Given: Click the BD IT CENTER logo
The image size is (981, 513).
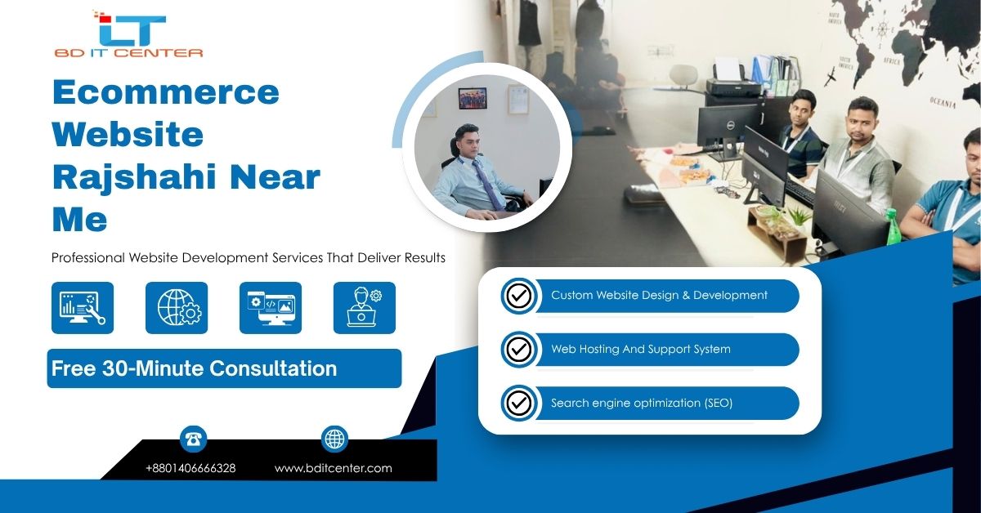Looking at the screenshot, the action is [x=129, y=34].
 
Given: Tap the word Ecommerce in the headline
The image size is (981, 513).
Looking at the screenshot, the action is [x=165, y=92].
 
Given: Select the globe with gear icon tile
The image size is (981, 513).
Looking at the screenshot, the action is [x=177, y=308].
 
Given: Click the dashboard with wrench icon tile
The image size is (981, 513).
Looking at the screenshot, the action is [x=83, y=308].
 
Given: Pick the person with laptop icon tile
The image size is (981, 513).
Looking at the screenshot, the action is [x=365, y=308].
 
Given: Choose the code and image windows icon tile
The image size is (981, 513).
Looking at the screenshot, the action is [x=271, y=308].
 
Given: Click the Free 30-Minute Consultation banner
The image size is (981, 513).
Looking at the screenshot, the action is [x=224, y=368].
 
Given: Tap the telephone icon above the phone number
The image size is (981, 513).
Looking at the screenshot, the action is [x=193, y=439].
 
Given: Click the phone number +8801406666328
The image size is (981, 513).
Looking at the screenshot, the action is [x=190, y=468].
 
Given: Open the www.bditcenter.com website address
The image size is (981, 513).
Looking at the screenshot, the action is [x=334, y=468].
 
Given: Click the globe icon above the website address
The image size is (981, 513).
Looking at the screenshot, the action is [x=334, y=439].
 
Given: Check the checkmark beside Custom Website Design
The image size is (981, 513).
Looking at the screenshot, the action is [x=519, y=296].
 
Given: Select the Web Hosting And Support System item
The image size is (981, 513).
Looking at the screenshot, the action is [x=641, y=349].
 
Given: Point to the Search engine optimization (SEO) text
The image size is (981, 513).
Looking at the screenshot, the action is [x=642, y=404].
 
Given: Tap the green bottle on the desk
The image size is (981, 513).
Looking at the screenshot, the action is [x=893, y=227].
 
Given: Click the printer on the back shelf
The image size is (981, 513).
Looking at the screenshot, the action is [x=735, y=83].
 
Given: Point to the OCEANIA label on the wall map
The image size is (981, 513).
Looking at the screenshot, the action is [x=943, y=103].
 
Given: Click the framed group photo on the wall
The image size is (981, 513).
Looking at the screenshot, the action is [x=473, y=98].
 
